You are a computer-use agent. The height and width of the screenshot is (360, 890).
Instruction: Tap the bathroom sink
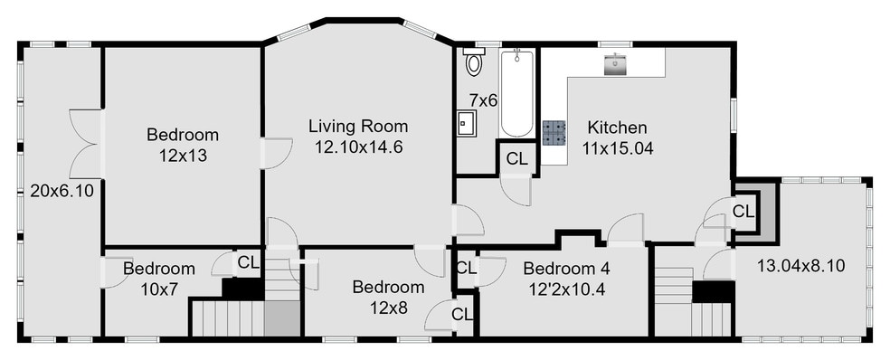coord(468,122)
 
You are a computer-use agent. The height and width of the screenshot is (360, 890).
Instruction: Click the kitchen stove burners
coord(554,133)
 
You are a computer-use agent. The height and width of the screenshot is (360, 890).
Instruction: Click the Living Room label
coord(358,126)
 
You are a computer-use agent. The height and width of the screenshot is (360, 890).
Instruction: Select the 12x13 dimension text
coord(183,155)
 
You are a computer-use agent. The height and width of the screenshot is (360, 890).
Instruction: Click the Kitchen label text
coord(617,127)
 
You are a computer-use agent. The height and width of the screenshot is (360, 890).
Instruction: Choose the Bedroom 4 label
coord(566,269)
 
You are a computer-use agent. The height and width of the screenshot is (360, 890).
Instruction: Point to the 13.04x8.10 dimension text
coord(800,266)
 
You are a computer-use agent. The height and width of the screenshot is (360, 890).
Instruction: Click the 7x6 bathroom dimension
coord(483,99)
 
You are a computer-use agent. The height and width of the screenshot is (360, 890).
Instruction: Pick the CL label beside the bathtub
coord(517,158)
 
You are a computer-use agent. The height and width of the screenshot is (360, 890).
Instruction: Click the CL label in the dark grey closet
coord(743,212)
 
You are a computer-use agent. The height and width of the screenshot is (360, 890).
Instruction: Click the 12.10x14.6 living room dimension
coord(358,146)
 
